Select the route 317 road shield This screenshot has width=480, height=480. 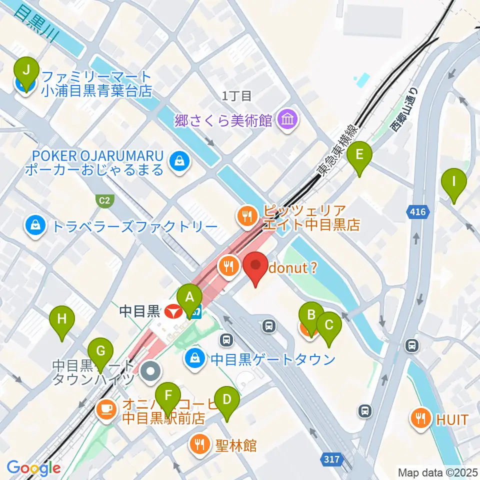click(331, 458)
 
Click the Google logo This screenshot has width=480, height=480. click(33, 468)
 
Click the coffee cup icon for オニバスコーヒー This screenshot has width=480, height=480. click(105, 408)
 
